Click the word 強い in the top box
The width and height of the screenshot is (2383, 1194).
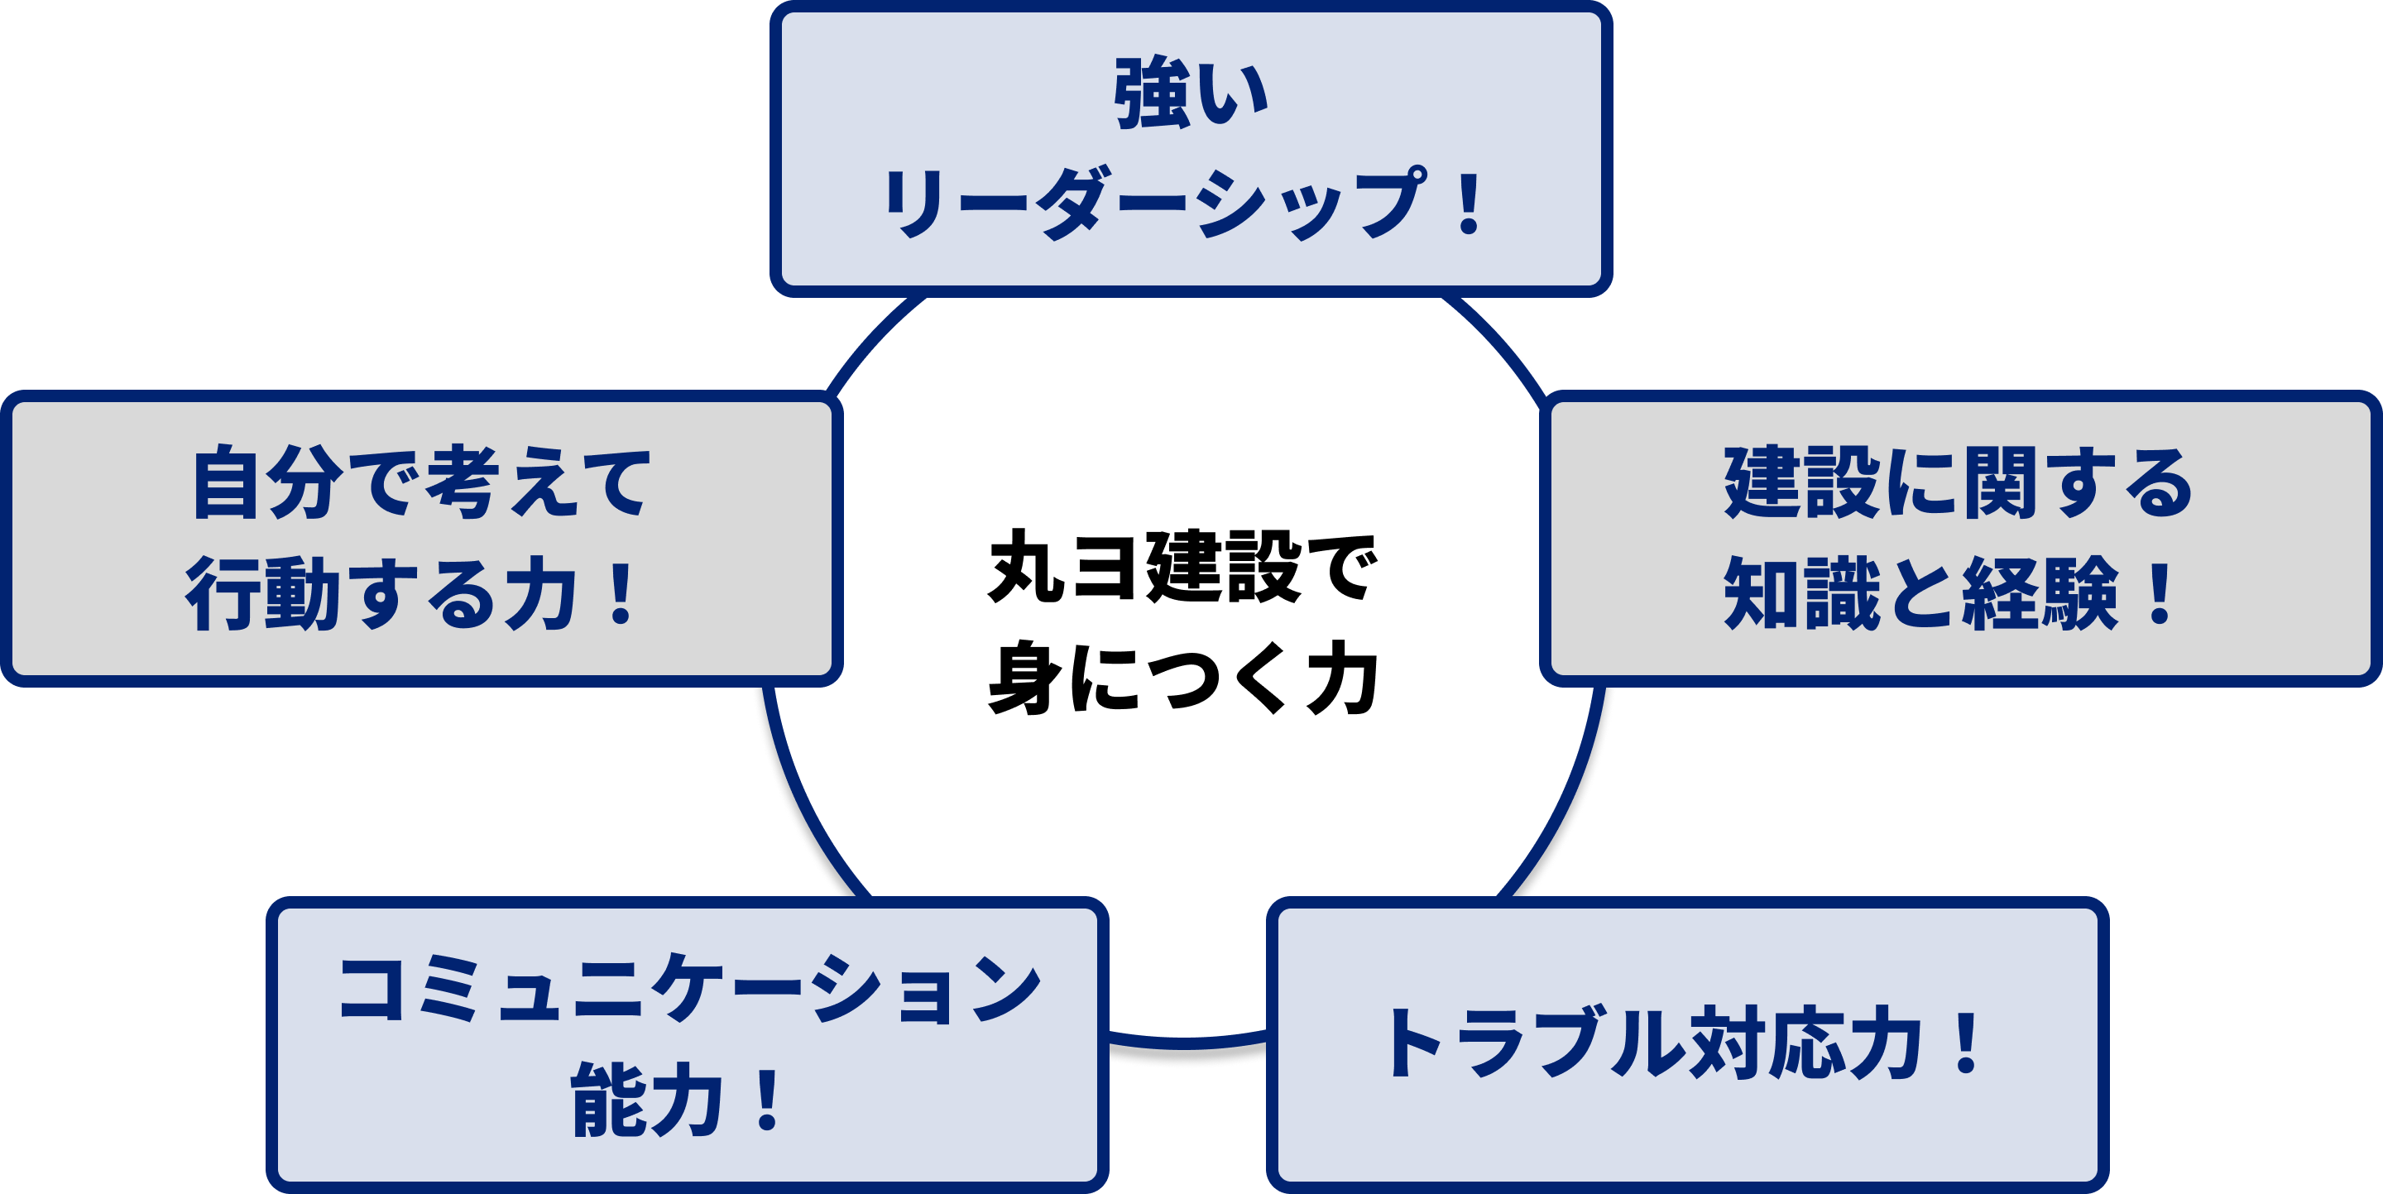pos(1190,94)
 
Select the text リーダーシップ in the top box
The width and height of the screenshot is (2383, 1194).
pos(1152,204)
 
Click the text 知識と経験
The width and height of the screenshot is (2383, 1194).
pos(1920,594)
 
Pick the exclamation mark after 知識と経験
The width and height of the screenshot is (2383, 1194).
pos(2160,594)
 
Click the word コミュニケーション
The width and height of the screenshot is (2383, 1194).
pos(689,990)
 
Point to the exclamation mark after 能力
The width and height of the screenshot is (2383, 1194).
pos(768,1100)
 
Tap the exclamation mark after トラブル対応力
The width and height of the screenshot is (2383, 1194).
pos(1966,1043)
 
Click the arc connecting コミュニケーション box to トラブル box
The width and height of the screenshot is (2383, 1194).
pos(1187,1043)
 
